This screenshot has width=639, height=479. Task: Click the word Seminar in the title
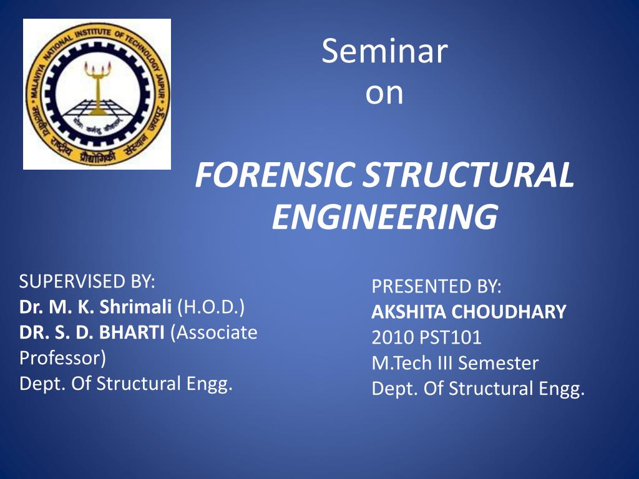(x=384, y=52)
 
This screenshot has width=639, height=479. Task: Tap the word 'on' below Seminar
(x=384, y=93)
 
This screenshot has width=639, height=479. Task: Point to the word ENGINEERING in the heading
(x=384, y=218)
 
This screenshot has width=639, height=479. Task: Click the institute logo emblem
(x=97, y=94)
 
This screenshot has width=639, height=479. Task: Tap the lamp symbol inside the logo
(x=97, y=87)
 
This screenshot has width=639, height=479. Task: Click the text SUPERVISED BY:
(x=87, y=282)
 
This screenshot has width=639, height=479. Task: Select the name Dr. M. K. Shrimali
(x=96, y=307)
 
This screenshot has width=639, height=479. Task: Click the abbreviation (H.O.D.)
(x=211, y=307)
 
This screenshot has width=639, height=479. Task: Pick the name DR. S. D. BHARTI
(x=92, y=333)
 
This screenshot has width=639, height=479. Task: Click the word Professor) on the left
(x=62, y=359)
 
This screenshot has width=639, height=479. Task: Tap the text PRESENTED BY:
(x=436, y=287)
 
